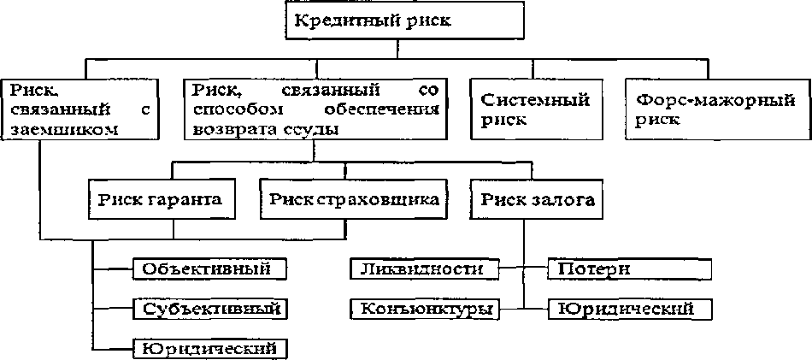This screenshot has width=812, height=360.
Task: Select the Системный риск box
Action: pyautogui.click(x=535, y=109)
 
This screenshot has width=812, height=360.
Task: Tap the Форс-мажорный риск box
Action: pyautogui.click(x=715, y=109)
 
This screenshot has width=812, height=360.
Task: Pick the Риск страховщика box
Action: pyautogui.click(x=353, y=199)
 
